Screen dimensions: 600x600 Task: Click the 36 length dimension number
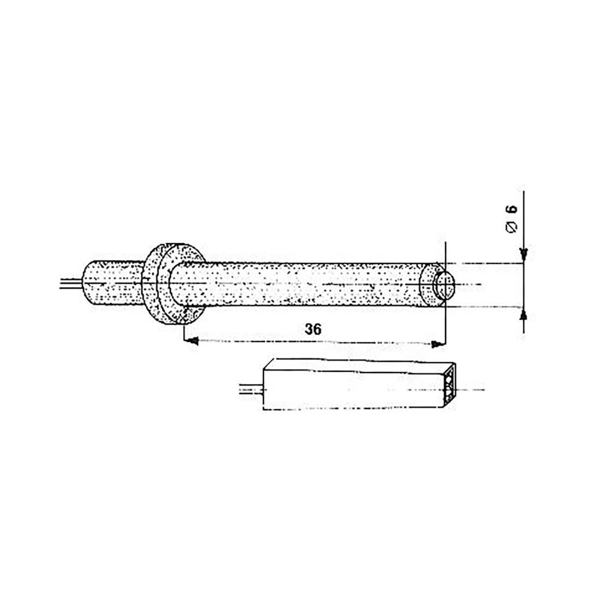[313, 329]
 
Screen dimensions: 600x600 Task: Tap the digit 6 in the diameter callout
[512, 209]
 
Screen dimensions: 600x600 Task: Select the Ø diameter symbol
[512, 226]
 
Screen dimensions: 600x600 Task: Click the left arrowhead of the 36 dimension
[193, 340]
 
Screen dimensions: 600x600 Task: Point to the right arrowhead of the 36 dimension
[436, 344]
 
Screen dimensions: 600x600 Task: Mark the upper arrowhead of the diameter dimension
[524, 254]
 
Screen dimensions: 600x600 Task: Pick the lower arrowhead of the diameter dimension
[524, 315]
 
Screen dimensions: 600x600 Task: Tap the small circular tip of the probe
[444, 285]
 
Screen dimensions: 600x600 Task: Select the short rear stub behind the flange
[113, 283]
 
